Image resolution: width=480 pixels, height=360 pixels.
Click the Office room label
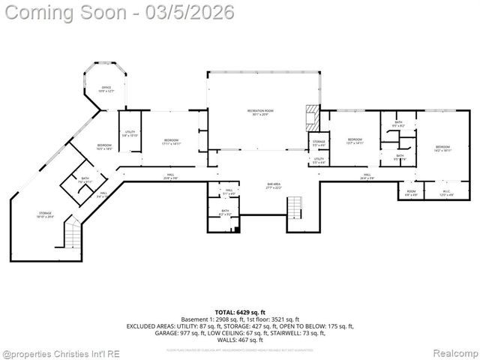click(x=106, y=89)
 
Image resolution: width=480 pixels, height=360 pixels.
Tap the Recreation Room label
click(x=260, y=112)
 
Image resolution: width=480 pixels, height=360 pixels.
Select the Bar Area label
click(x=274, y=185)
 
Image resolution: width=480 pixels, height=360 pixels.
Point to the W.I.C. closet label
click(x=445, y=193)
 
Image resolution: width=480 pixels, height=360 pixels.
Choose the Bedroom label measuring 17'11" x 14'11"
click(x=172, y=142)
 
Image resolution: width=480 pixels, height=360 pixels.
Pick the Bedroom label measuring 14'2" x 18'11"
click(x=442, y=148)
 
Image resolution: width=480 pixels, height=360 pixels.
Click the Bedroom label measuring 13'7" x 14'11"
click(x=355, y=141)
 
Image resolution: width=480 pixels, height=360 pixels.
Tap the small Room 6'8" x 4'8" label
click(x=411, y=193)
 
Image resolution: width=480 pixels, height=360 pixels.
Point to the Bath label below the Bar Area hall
click(x=224, y=213)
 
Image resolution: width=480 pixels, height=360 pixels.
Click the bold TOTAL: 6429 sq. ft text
click(x=240, y=311)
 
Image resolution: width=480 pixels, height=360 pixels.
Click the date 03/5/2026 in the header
click(x=192, y=12)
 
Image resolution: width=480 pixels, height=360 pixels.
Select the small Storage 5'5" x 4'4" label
click(x=319, y=142)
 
